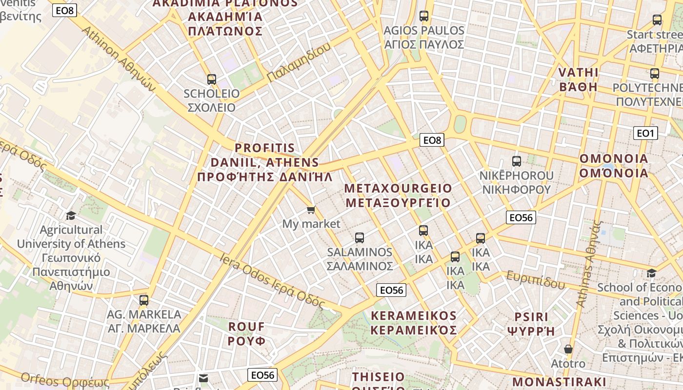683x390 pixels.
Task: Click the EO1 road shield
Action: click(x=645, y=133)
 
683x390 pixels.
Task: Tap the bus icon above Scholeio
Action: click(x=211, y=79)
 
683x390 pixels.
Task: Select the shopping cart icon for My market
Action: click(x=311, y=210)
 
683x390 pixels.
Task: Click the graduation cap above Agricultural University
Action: click(x=71, y=215)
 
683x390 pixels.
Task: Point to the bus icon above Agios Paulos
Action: click(x=423, y=16)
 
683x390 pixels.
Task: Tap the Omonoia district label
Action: click(x=614, y=166)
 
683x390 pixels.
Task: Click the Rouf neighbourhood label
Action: click(x=247, y=333)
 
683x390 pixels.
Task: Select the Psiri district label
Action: click(x=531, y=324)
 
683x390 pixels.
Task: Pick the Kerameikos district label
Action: click(x=414, y=323)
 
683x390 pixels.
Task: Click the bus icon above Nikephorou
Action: click(x=517, y=161)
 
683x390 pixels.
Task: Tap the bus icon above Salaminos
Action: click(x=360, y=238)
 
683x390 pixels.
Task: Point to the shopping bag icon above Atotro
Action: click(x=568, y=349)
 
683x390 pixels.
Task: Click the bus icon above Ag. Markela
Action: click(x=143, y=300)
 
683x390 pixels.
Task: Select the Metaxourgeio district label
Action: click(x=398, y=195)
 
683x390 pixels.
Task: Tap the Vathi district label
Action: click(x=578, y=79)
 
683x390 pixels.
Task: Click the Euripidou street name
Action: click(x=535, y=279)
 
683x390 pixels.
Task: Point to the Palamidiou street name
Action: click(x=299, y=62)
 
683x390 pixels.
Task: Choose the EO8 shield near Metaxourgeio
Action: click(x=432, y=140)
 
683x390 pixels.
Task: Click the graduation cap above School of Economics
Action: click(x=651, y=273)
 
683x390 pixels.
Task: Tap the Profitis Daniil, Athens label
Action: click(x=265, y=162)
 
